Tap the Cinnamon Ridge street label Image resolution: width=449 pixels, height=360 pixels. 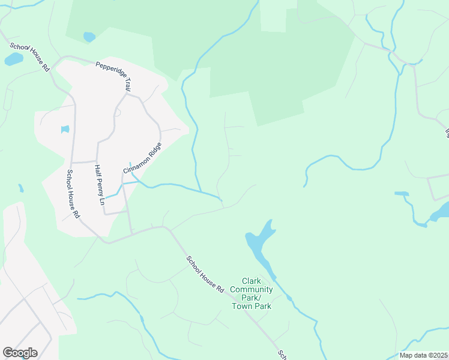[142, 158]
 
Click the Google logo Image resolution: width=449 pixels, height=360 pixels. [20, 352]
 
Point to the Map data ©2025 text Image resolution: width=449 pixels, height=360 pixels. [423, 355]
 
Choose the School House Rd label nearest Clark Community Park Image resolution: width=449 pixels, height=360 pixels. [205, 274]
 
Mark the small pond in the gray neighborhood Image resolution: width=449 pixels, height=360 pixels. [65, 130]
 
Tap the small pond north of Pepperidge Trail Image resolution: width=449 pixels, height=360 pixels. [89, 37]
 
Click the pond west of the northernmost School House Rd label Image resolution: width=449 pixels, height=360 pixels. [13, 59]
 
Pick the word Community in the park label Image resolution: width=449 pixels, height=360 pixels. [256, 289]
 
